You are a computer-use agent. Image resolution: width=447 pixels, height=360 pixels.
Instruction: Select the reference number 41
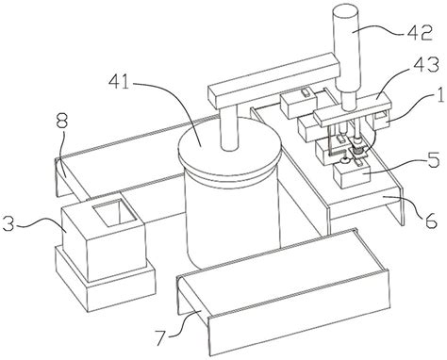pos(118,82)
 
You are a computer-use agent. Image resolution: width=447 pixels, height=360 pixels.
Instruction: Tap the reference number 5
pos(433,161)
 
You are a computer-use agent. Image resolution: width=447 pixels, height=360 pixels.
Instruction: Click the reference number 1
pos(440,96)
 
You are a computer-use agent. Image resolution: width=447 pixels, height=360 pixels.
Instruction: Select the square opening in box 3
pos(114,212)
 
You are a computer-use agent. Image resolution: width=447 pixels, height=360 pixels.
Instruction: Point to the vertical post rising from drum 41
pos(229,128)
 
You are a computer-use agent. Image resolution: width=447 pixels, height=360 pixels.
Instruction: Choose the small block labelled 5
pos(352,175)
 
